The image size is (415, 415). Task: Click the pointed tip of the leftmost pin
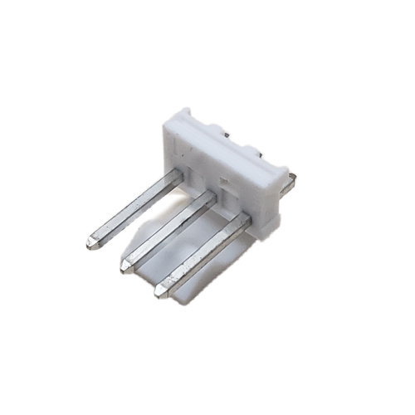click(x=90, y=245)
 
